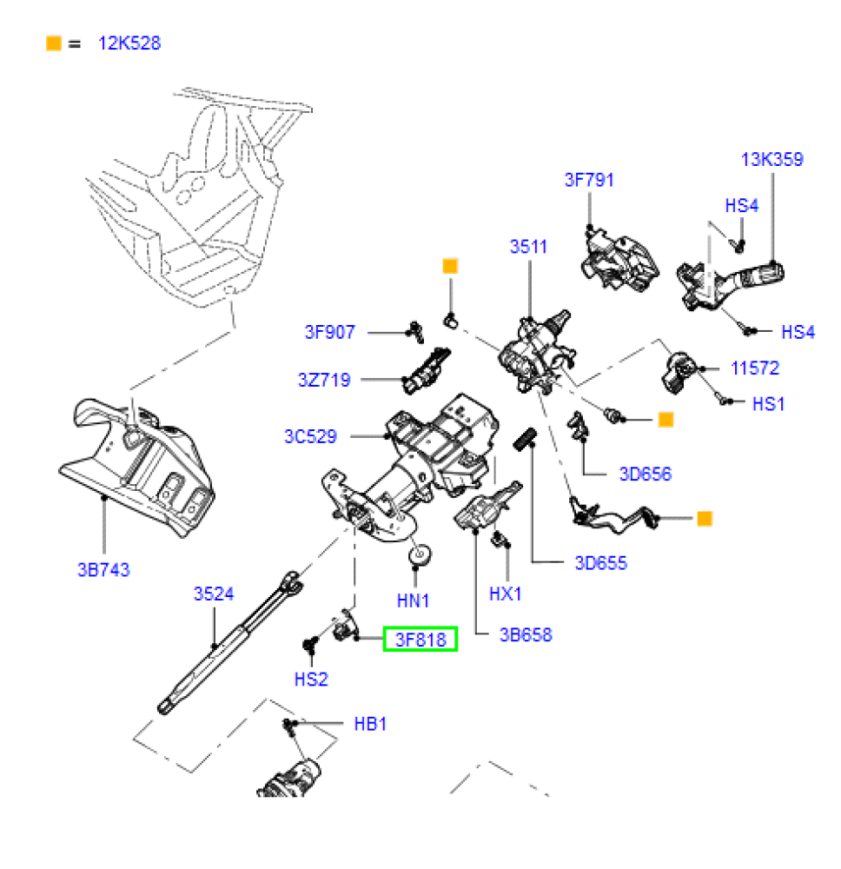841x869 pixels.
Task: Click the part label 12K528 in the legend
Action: tap(129, 43)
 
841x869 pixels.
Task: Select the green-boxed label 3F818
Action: tap(420, 639)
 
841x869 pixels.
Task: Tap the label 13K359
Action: tap(771, 160)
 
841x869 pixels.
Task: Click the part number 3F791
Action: tap(589, 180)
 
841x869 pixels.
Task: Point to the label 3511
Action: tap(528, 247)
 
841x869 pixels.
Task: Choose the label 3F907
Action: tap(329, 332)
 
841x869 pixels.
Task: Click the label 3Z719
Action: tap(324, 380)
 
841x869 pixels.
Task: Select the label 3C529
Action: tap(310, 436)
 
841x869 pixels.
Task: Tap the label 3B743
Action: tap(103, 569)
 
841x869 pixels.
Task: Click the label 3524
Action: tap(214, 594)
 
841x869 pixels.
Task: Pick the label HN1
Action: tap(414, 600)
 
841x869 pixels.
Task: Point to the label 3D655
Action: tap(601, 563)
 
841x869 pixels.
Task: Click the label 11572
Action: tap(755, 368)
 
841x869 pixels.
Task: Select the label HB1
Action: tap(370, 724)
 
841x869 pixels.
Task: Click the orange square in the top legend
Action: tap(54, 43)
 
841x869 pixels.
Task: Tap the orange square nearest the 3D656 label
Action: tap(666, 420)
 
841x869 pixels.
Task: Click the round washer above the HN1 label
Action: tap(420, 554)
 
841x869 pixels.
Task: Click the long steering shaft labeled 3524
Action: tap(230, 643)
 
